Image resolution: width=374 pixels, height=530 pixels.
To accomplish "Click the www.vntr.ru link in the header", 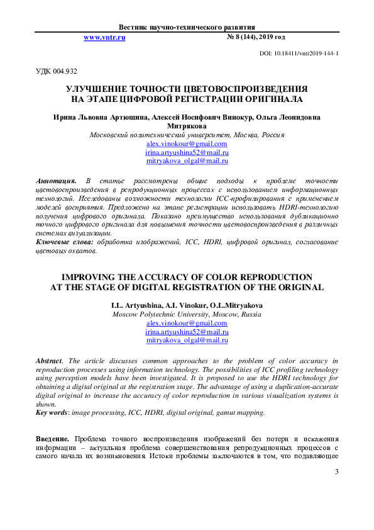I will (x=104, y=38).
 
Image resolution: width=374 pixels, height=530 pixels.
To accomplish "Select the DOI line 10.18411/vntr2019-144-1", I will (x=299, y=54).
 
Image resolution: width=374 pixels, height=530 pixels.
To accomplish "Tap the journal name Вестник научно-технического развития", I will (x=187, y=28).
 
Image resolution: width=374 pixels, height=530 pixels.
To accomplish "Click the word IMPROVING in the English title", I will (x=86, y=277).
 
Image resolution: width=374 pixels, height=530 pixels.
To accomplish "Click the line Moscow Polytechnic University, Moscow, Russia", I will (x=187, y=313).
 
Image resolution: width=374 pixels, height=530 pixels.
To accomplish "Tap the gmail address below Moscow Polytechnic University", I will (x=186, y=322).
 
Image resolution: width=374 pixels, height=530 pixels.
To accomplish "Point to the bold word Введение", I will (x=53, y=438).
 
